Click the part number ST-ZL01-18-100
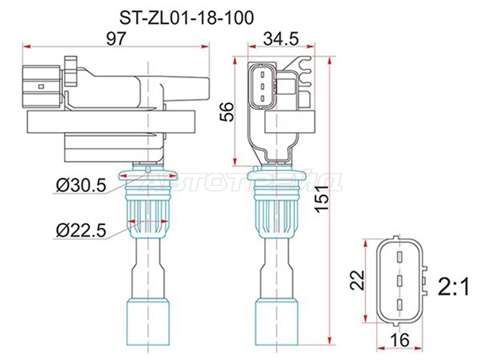click(187, 18)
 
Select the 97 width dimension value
click(116, 39)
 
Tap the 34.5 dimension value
click(281, 39)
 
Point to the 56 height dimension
click(227, 112)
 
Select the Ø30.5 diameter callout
click(81, 186)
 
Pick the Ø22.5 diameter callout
click(81, 231)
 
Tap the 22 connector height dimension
click(357, 280)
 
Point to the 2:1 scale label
click(454, 288)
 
